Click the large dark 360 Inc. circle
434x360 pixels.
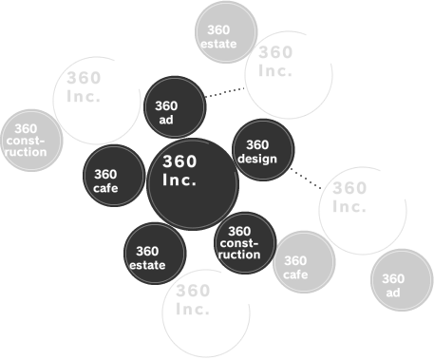[192, 183]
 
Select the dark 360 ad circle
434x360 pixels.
[176, 106]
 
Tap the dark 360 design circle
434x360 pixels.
[263, 151]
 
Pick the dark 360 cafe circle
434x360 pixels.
[114, 178]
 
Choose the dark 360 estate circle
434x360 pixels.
[155, 254]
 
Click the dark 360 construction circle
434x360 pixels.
[245, 243]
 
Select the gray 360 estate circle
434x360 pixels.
[226, 31]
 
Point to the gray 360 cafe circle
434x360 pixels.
[304, 264]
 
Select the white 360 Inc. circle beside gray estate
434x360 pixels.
[290, 72]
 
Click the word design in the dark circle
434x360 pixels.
[257, 159]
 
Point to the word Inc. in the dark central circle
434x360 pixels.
[179, 180]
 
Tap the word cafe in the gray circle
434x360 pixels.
[295, 275]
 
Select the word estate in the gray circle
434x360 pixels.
[218, 44]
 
